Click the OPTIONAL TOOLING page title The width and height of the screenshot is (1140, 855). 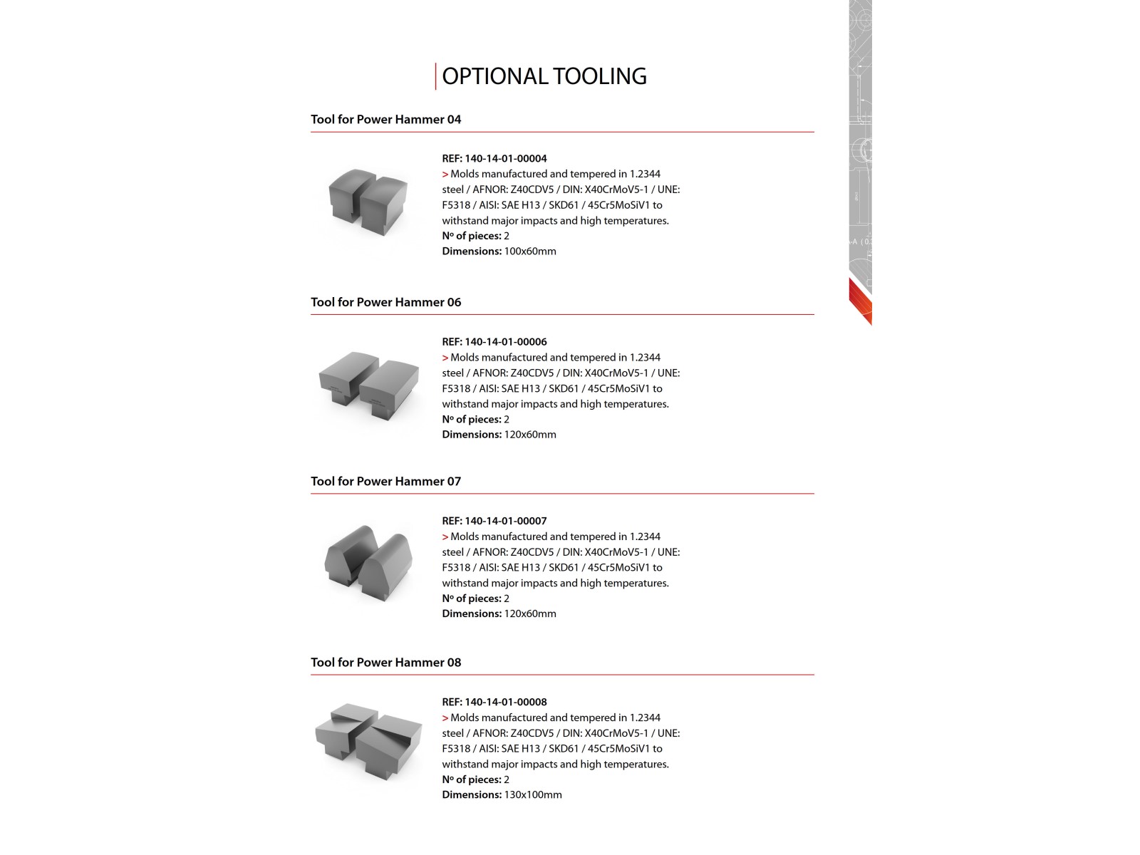coord(544,76)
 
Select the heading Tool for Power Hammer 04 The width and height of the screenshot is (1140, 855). coord(385,120)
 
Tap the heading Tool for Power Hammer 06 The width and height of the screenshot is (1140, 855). coord(385,302)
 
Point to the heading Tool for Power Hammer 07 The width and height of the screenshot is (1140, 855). coord(385,482)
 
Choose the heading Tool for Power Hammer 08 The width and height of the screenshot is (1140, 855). coord(385,663)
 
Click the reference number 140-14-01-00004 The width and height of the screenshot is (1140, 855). coord(505,159)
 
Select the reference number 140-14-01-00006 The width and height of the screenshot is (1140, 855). coord(505,342)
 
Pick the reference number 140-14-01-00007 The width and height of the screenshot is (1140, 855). coord(505,521)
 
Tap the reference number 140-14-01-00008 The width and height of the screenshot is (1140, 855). coord(505,702)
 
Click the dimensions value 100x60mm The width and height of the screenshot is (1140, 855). coord(529,252)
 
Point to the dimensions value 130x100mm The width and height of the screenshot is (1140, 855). coord(532,795)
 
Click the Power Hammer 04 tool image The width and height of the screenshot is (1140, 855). coord(368,202)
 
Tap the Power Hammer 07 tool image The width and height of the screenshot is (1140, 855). coord(368,563)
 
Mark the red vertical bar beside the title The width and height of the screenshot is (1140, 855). coord(436,76)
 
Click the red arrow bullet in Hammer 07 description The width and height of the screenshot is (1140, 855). coord(445,537)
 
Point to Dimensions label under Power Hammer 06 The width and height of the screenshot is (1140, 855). coord(472,435)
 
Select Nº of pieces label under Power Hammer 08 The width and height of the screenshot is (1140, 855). coord(472,779)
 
